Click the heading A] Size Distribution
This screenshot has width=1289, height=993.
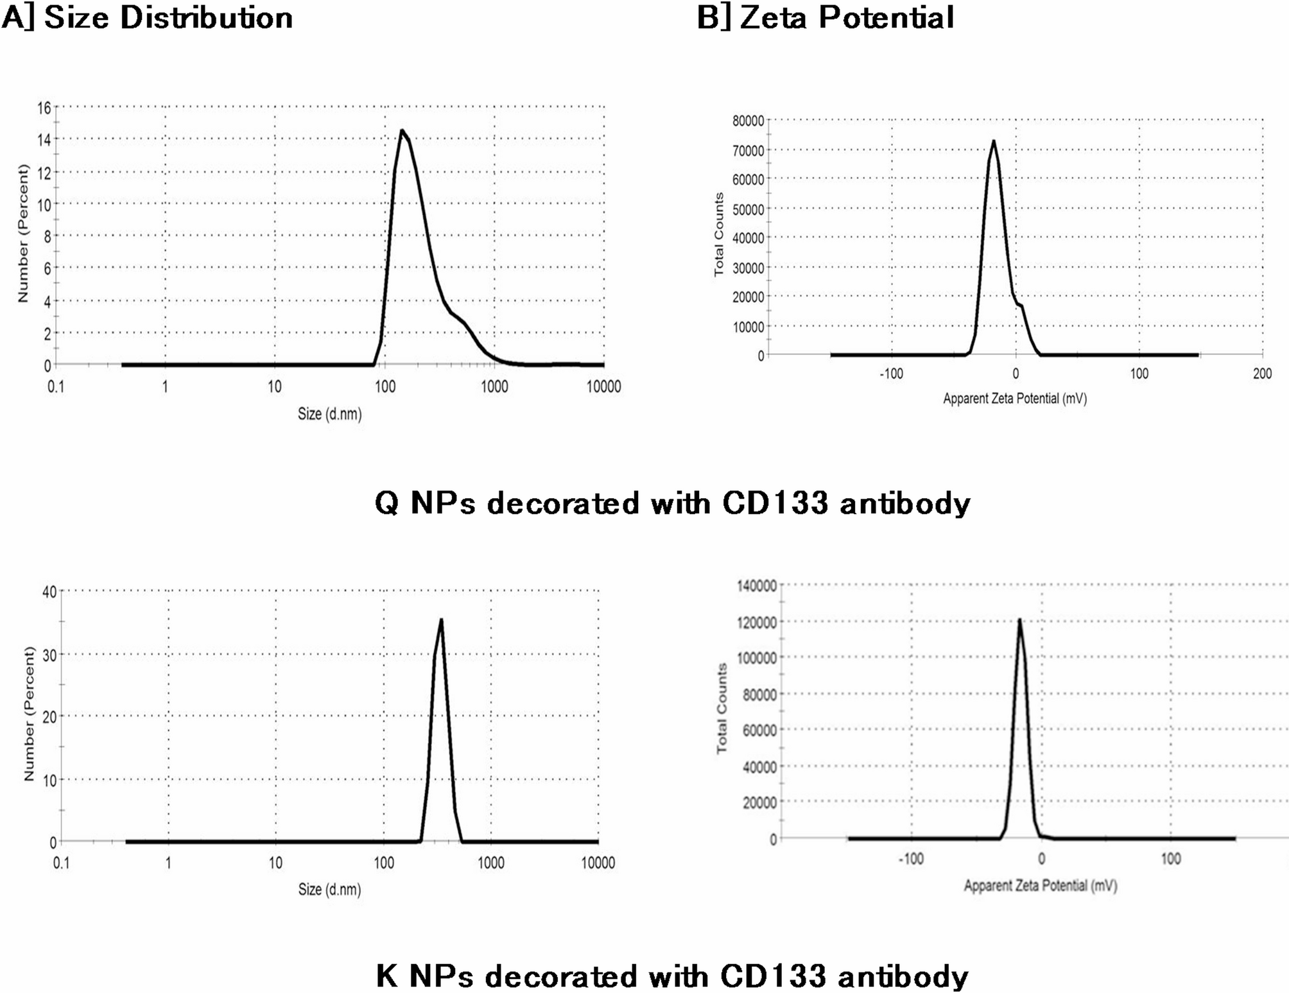pyautogui.click(x=148, y=17)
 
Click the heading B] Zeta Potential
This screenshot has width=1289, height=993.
pyautogui.click(x=826, y=17)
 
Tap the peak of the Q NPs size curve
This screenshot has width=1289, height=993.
pyautogui.click(x=402, y=131)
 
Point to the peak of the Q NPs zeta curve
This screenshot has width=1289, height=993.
pyautogui.click(x=994, y=141)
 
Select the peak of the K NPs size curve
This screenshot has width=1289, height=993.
pyautogui.click(x=441, y=620)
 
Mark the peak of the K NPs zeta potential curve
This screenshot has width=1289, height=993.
pyautogui.click(x=1019, y=620)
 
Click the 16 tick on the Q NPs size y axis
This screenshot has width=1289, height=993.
pyautogui.click(x=44, y=108)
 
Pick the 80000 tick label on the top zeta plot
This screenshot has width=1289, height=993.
pyautogui.click(x=748, y=121)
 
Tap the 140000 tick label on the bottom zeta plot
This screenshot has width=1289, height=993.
pyautogui.click(x=756, y=585)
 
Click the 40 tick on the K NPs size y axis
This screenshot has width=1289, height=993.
pyautogui.click(x=49, y=592)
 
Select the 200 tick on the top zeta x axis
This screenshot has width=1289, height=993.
pyautogui.click(x=1262, y=374)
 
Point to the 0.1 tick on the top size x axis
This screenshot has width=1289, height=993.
pyautogui.click(x=56, y=386)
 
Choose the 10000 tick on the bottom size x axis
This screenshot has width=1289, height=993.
pyautogui.click(x=598, y=863)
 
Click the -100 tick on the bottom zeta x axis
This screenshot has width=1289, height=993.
pyautogui.click(x=910, y=859)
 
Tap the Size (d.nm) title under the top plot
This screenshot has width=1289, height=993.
pyautogui.click(x=329, y=414)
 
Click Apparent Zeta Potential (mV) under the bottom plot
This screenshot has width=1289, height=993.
pyautogui.click(x=1040, y=886)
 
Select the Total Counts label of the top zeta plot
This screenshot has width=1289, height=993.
pyautogui.click(x=719, y=235)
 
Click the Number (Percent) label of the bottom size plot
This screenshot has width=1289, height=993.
pyautogui.click(x=28, y=714)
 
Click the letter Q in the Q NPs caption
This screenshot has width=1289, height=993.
pyautogui.click(x=386, y=503)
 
